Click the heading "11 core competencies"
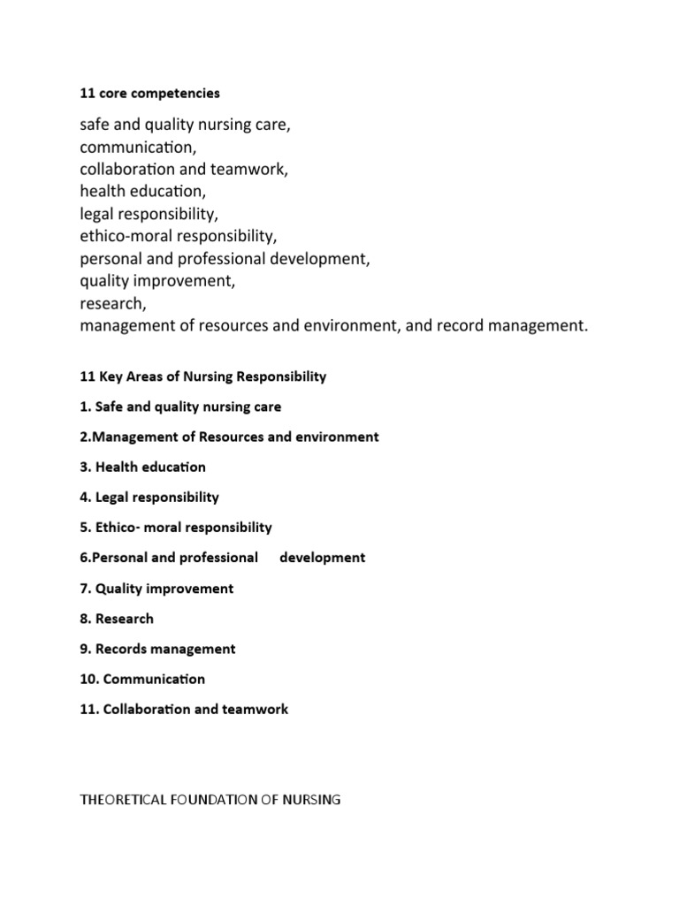click(149, 93)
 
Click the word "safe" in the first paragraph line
click(95, 125)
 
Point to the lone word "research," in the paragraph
click(112, 303)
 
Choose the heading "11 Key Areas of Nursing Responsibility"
click(202, 376)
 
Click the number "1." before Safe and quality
click(85, 407)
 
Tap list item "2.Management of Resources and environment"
click(229, 437)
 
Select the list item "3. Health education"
click(142, 467)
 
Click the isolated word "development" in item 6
click(322, 558)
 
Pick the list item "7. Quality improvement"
click(156, 589)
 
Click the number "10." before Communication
click(88, 679)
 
